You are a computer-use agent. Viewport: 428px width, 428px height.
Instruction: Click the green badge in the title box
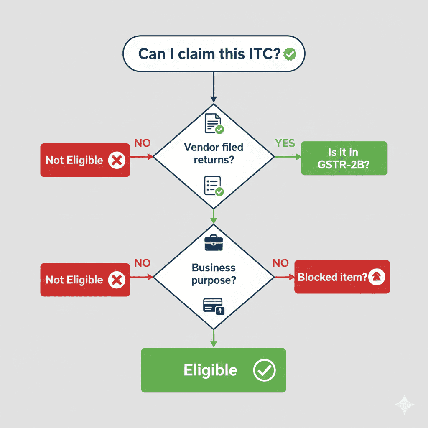point(290,54)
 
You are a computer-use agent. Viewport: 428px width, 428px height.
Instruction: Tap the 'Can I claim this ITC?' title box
point(209,54)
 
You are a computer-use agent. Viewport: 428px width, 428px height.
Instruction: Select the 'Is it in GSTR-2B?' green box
point(344,158)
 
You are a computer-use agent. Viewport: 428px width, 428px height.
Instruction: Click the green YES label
point(285,143)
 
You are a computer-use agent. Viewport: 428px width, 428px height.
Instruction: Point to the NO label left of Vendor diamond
point(142,143)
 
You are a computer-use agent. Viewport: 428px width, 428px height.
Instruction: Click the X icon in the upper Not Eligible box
point(117,160)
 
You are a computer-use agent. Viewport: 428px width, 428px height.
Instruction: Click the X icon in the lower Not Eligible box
point(117,280)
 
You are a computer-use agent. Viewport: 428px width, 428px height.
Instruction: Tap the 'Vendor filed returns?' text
point(213,153)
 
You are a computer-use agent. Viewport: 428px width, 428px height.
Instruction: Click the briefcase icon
point(214,243)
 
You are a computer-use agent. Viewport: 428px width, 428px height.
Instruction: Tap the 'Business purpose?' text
point(213,274)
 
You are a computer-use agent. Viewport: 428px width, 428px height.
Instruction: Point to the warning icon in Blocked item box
point(377,277)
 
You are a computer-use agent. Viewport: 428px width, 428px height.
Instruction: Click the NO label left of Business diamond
point(142,263)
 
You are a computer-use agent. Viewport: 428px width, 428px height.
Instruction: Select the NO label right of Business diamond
point(280,263)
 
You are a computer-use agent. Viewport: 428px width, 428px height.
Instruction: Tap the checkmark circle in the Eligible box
point(264,370)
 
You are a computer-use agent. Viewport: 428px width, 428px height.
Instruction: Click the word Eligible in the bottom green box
point(210,370)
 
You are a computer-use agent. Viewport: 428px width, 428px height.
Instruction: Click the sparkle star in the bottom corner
point(405,405)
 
